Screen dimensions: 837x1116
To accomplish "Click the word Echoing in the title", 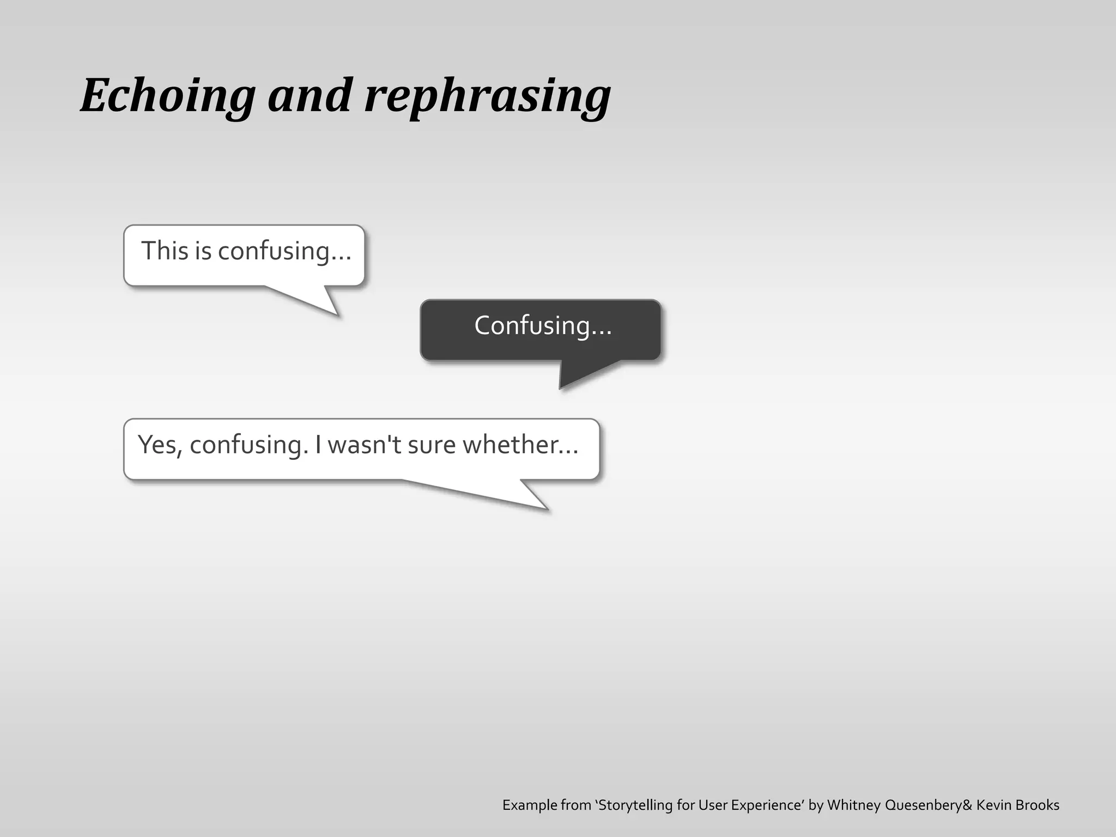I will coord(168,96).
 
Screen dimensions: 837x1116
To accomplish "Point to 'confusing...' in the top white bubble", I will coord(284,252).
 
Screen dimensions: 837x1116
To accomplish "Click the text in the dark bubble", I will coord(543,325).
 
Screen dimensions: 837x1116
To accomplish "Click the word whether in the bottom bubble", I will coord(520,445).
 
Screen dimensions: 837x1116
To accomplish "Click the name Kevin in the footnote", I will coord(994,805).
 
